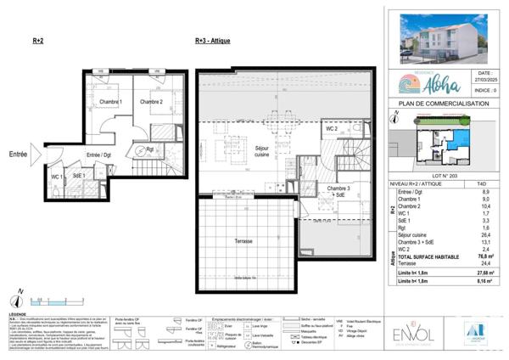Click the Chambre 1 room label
click(x=109, y=103)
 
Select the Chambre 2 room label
click(x=151, y=103)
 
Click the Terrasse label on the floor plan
click(x=244, y=242)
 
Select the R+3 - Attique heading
click(x=212, y=41)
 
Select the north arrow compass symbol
click(x=16, y=298)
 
